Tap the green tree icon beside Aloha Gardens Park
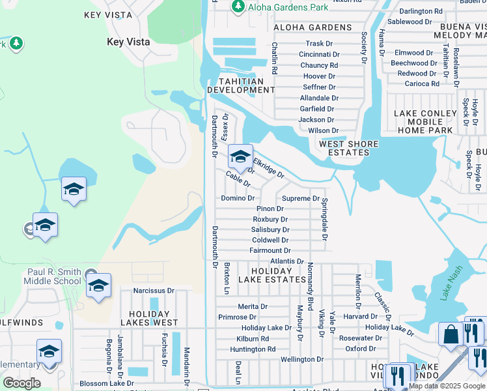tap(238, 6)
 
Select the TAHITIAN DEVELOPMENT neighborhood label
tap(236, 85)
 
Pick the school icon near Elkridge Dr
tap(240, 156)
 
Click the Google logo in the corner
tap(21, 383)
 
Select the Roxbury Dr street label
tap(270, 220)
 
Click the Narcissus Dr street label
tap(154, 291)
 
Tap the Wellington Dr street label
tap(301, 359)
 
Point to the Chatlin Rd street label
tap(275, 58)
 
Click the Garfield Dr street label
tap(317, 109)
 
